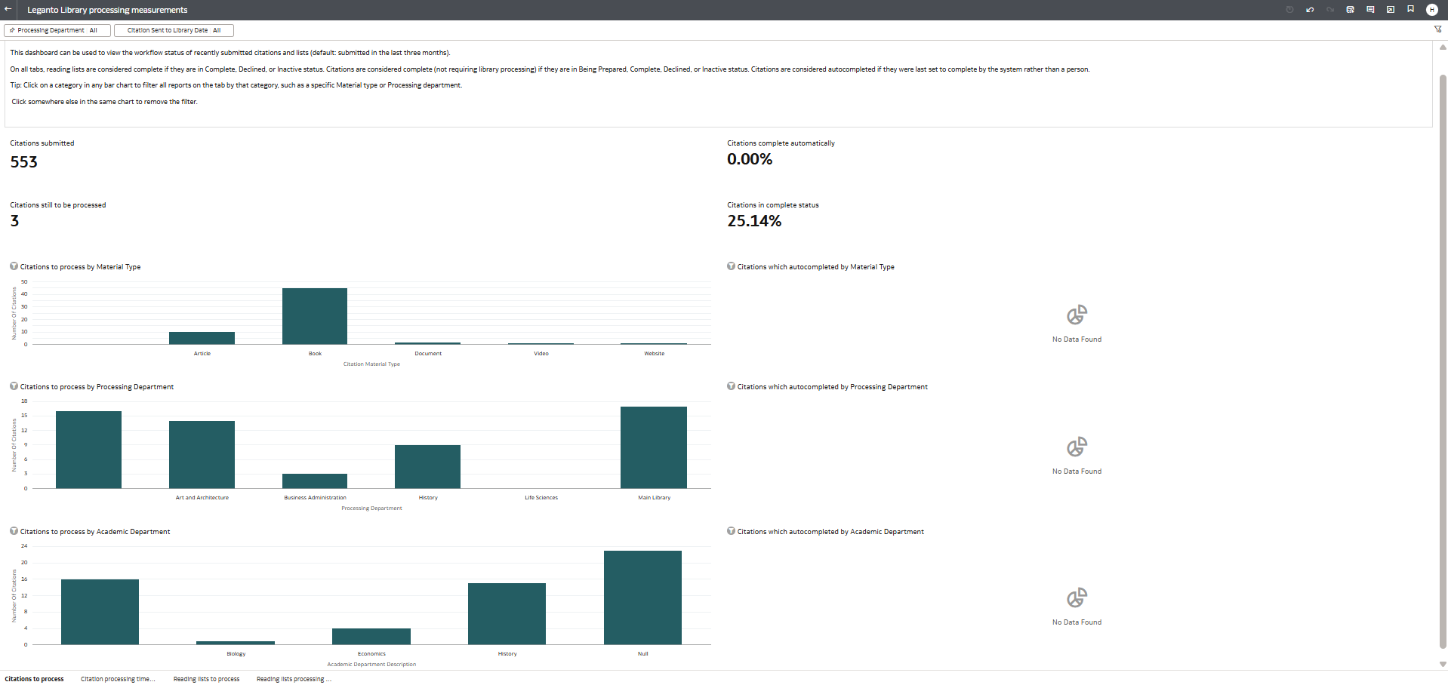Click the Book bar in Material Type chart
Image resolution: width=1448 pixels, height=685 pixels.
coord(315,317)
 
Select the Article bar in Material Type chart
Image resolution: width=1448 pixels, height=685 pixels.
coord(202,338)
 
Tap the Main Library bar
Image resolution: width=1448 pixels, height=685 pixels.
coord(654,447)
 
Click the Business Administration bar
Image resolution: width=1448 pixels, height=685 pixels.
coord(315,481)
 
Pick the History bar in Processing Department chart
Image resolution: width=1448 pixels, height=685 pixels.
coord(427,467)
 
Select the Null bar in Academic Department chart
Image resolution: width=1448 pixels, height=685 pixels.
coord(642,597)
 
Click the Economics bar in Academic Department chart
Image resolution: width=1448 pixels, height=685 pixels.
coord(371,637)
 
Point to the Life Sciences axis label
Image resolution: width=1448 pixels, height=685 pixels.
coord(541,498)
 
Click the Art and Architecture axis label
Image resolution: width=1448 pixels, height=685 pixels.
coord(202,498)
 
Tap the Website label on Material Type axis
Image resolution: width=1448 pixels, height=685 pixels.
coord(654,354)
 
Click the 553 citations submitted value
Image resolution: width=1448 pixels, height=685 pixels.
coord(24,162)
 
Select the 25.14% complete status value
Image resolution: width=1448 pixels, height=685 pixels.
coord(754,221)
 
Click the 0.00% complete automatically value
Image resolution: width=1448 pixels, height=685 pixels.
coord(750,159)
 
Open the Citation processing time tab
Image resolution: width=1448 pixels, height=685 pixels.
coord(118,679)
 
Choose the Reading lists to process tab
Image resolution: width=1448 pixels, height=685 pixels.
coord(206,679)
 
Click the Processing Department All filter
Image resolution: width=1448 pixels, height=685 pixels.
coord(57,30)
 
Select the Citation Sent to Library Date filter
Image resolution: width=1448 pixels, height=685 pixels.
coord(174,30)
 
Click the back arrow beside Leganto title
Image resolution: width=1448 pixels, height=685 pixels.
coord(8,10)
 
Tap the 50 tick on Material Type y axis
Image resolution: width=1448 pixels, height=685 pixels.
coord(24,282)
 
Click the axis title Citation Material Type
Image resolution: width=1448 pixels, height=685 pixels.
coord(371,364)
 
